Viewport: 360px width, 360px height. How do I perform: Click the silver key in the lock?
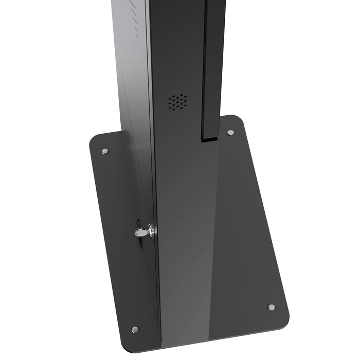(141, 232)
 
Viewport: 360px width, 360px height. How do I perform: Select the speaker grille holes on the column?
(177, 102)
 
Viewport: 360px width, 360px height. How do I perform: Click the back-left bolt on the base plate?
(105, 152)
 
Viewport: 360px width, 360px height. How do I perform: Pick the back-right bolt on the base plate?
(230, 133)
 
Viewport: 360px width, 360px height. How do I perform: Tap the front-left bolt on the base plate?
(135, 329)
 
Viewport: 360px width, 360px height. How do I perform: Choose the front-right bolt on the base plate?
(271, 308)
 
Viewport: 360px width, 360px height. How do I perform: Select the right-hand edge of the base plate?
(265, 216)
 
